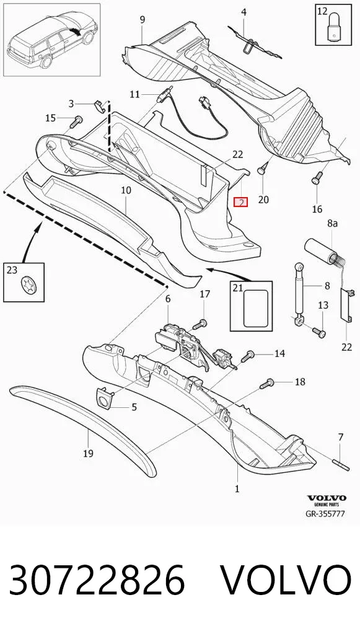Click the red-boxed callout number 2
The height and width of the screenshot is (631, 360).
pos(241,202)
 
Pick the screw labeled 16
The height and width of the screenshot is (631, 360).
pos(317,178)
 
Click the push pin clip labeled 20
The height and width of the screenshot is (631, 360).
pos(263,168)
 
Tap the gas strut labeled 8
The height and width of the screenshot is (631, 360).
pos(300,293)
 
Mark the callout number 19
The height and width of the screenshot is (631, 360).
pos(89,454)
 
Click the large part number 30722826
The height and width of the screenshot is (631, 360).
pos(97,580)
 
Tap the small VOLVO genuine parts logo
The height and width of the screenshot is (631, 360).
pos(327,500)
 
